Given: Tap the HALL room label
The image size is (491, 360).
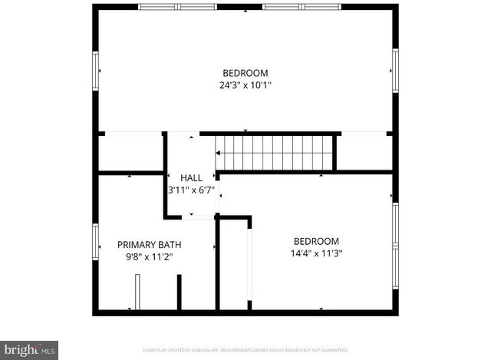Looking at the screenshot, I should click(x=191, y=177).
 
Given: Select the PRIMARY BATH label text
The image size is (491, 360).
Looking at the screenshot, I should click(x=149, y=244).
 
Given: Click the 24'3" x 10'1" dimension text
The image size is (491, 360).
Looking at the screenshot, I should click(x=245, y=85).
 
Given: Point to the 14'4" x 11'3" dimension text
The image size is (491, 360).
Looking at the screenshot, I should click(x=315, y=253).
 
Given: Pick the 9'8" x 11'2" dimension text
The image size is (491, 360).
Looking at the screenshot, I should click(x=149, y=257).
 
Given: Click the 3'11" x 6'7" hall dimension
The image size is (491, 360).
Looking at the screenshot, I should click(x=193, y=190).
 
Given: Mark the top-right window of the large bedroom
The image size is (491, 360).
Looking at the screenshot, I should click(x=302, y=7).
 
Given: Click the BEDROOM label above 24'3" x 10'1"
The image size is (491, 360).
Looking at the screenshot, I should click(x=245, y=73).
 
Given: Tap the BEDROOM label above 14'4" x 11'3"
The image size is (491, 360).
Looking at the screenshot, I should click(x=315, y=240).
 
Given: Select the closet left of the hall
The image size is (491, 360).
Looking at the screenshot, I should click(x=130, y=152).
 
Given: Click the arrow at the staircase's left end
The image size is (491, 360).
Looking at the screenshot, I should click(x=219, y=154).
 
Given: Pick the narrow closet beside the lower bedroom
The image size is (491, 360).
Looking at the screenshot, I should click(x=236, y=265).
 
